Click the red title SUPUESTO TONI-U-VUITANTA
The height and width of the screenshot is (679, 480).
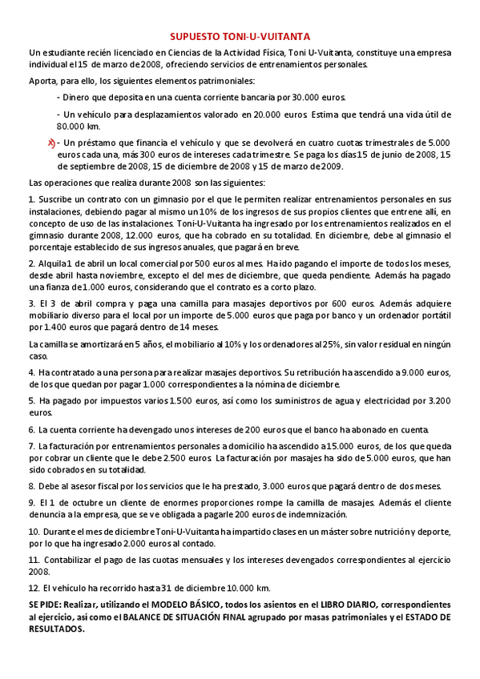(x=240, y=36)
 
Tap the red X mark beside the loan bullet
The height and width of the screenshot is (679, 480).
(x=51, y=143)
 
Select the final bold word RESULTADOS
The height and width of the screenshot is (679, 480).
(x=57, y=629)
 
